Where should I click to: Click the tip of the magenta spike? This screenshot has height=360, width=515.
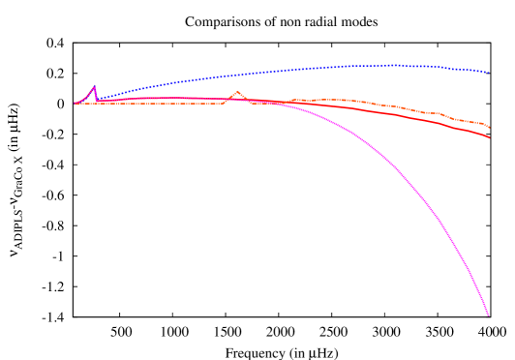pos(94,86)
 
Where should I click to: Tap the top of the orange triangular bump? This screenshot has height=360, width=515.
pos(237,92)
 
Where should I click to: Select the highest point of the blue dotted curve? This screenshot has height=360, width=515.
pos(392,65)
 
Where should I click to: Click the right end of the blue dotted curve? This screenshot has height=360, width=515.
pos(489,73)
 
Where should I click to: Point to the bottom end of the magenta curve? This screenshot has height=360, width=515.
pos(488,315)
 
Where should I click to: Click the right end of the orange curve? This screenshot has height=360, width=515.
pos(489,128)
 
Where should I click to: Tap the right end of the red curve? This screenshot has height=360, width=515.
pos(489,137)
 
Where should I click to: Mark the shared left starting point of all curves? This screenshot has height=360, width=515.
pos(74,104)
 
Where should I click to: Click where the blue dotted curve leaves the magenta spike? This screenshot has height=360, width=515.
pos(99,99)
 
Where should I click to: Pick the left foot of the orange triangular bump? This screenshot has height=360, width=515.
pos(224,103)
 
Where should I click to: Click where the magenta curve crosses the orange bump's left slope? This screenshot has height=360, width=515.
pos(228,99)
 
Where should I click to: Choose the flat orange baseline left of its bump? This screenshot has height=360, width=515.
pos(155,104)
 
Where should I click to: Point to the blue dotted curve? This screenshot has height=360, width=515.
pos(242,75)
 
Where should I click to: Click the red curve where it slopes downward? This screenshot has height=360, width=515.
pos(426,120)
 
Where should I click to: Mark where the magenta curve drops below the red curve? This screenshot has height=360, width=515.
pos(276,103)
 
